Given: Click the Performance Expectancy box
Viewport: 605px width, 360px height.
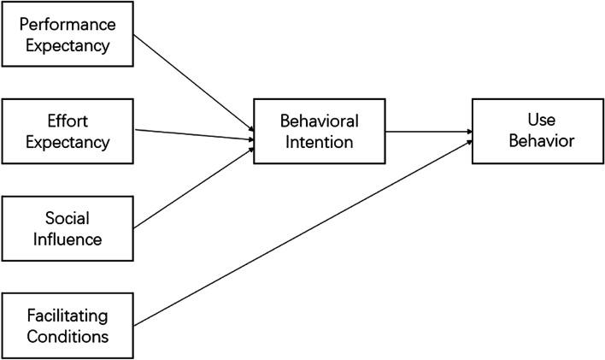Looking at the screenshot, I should point(68,35).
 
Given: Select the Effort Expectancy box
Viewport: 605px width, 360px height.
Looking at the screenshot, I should point(68,132).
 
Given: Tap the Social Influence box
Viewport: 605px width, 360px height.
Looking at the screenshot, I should point(68,228).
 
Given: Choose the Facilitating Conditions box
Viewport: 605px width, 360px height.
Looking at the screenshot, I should point(68,325).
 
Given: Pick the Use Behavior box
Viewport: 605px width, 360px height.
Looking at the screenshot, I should point(536,132).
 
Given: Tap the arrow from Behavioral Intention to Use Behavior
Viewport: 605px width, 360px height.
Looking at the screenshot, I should point(426,132).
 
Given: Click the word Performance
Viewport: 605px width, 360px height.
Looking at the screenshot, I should point(68,25).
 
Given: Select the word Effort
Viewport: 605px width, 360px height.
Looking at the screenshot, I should point(68,121).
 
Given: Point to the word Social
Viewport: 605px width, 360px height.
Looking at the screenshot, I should point(68,218).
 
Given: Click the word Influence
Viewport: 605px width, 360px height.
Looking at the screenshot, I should point(68,239).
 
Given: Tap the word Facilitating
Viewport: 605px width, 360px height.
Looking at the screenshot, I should point(68,315).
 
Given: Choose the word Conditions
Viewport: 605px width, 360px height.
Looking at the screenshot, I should point(68,335).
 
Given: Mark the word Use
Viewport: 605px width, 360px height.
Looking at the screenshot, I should point(536,121).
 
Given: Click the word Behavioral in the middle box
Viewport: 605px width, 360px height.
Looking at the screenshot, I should point(319,121).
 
